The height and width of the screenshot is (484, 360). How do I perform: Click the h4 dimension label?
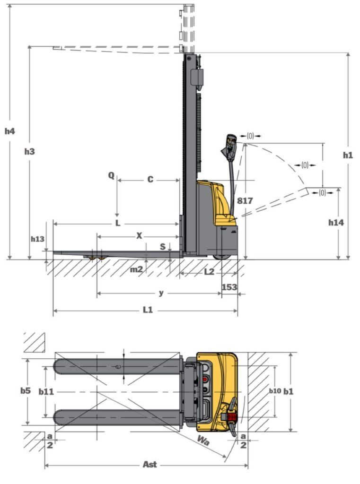pos(9,131)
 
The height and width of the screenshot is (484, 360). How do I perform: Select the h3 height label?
pos(30,152)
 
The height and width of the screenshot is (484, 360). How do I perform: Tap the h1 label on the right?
pos(348,155)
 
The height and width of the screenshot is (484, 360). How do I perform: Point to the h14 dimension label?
pos(336,222)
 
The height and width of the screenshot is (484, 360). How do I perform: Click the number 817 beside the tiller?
pos(245,201)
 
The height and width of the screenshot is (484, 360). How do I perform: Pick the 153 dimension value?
pos(229,287)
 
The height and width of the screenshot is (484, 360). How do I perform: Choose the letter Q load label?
pos(111,176)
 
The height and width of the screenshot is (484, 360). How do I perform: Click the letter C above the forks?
pos(150,179)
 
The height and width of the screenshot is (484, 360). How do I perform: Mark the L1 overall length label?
pos(148,310)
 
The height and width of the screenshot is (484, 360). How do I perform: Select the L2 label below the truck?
pos(209,272)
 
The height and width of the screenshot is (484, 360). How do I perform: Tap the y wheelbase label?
pos(161,293)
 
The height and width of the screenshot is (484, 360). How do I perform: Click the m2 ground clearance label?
pos(136,269)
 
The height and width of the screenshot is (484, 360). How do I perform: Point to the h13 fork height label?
pos(37,239)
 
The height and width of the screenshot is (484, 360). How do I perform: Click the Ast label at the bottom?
pos(150,464)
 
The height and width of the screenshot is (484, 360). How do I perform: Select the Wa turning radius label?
pos(203,441)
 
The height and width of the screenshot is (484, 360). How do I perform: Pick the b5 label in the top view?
pos(26,390)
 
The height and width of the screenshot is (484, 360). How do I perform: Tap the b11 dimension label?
pos(46,392)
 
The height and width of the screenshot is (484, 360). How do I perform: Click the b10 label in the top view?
pos(275,391)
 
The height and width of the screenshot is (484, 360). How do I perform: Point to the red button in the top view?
pos(205,379)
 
